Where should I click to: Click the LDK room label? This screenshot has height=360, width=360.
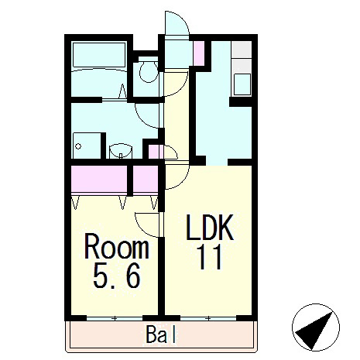(210, 228)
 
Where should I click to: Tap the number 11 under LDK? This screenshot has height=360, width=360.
(210, 257)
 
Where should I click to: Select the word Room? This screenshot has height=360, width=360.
(117, 246)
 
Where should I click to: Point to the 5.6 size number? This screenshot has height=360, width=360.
(117, 276)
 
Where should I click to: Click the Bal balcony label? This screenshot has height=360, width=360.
(161, 334)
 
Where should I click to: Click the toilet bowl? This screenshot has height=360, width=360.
(149, 70)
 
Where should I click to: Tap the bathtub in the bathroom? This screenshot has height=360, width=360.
(99, 55)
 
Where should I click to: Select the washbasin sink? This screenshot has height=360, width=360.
(121, 151)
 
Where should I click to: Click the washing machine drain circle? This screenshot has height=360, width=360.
(78, 146)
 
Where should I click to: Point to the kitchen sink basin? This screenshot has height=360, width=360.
(242, 84)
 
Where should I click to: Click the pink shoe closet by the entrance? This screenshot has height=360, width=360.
(199, 53)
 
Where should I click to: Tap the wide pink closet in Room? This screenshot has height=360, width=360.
(99, 179)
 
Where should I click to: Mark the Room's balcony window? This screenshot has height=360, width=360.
(115, 319)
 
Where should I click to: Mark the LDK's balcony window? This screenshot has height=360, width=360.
(208, 319)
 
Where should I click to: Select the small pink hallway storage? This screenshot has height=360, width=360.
(155, 152)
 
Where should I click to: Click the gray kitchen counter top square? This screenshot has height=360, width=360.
(242, 50)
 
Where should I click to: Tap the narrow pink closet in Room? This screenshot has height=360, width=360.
(146, 179)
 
